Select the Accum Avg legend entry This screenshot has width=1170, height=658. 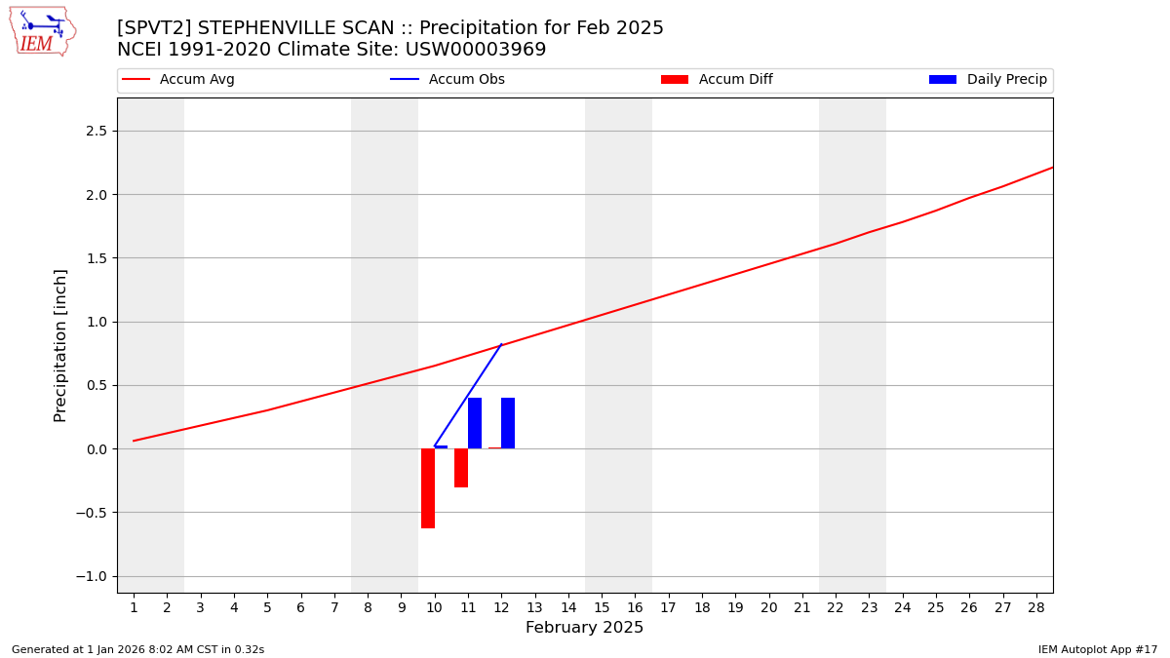196,80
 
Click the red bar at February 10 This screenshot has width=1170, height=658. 428,488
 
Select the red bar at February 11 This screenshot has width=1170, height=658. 461,468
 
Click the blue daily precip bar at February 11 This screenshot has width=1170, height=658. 475,423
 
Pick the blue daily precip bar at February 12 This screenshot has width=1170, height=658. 508,423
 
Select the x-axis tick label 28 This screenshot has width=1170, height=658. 1035,607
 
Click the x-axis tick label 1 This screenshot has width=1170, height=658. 134,607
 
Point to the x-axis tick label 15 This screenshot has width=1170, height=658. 602,607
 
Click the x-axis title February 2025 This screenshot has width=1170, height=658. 584,628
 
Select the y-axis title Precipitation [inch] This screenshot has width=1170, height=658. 60,345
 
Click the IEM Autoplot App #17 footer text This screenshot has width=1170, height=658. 1097,649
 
